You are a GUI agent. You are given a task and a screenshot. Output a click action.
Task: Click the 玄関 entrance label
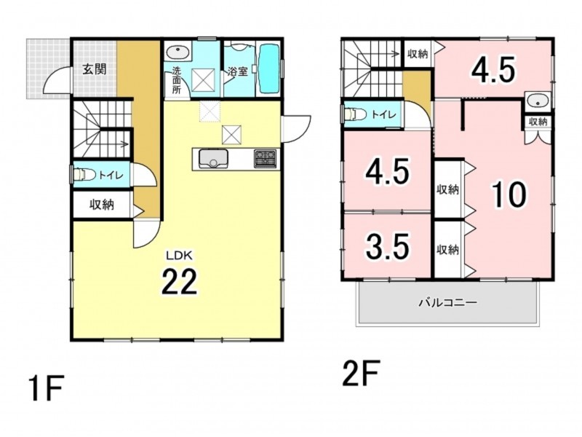click(x=95, y=69)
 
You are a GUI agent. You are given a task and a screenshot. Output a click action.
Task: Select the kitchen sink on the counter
click(x=213, y=159)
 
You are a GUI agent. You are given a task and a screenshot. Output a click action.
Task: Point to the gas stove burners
click(x=266, y=158)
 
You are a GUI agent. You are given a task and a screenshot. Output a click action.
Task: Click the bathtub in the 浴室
click(x=268, y=69)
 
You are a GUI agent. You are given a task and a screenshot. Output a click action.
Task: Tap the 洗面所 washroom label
click(x=176, y=80)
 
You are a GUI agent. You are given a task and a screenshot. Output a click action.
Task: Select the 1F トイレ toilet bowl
click(x=84, y=174)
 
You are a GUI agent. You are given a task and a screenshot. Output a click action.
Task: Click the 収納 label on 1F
click(x=101, y=205)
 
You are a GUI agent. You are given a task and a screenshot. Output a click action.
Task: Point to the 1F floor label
click(x=47, y=387)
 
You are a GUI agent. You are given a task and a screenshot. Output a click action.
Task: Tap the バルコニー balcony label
click(x=447, y=303)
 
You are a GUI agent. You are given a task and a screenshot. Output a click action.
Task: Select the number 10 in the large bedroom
click(x=509, y=194)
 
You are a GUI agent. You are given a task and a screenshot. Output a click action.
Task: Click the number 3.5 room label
click(x=388, y=246)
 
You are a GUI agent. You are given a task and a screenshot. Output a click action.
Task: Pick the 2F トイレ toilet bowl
click(x=354, y=114)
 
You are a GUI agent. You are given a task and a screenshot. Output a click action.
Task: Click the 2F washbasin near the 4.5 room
click(x=538, y=101)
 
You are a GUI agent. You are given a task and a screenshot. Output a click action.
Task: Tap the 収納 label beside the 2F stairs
click(x=418, y=54)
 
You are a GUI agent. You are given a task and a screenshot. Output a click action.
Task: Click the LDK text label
click(x=178, y=256)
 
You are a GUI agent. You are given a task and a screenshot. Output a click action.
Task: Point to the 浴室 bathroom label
click(x=238, y=71)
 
